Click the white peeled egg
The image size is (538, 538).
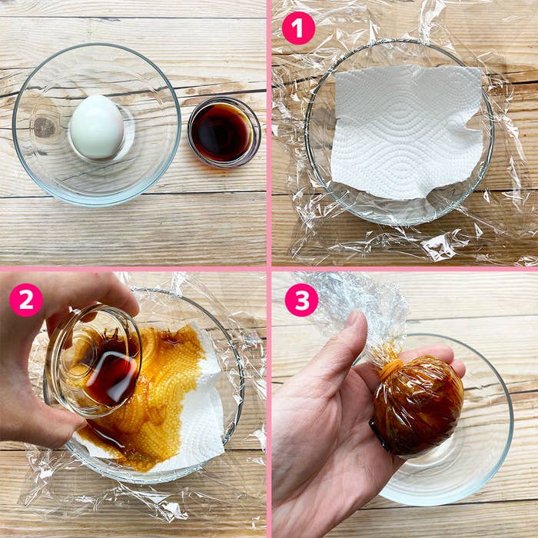[x=97, y=126]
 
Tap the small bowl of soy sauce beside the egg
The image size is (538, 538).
[x=224, y=132]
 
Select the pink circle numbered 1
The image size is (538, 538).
[x=298, y=28]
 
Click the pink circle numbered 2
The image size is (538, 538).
[x=26, y=300]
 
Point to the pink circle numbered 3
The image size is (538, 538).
[x=301, y=300]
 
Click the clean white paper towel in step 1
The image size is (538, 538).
[x=407, y=132]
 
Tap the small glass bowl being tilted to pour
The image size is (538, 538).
[x=93, y=360]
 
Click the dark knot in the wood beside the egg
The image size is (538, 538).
[x=45, y=128]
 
